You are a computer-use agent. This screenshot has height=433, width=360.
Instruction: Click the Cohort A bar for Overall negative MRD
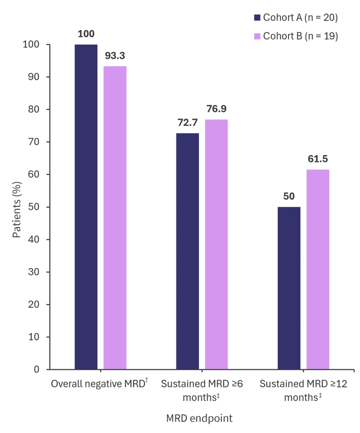(86, 207)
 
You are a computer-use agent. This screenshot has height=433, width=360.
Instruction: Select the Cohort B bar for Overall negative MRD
(115, 218)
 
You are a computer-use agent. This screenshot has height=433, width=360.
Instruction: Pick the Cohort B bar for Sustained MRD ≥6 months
(216, 244)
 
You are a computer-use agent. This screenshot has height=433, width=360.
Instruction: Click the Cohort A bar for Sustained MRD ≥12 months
(289, 288)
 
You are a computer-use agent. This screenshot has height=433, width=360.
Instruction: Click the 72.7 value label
(188, 123)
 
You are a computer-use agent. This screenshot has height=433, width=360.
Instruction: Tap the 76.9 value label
(216, 109)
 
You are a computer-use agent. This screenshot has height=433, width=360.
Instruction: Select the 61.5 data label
(318, 159)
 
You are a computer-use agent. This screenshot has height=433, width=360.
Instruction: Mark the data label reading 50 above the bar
(289, 196)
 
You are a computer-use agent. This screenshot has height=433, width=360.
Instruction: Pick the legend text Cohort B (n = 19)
(300, 36)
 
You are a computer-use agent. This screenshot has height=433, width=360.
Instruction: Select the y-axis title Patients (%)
(17, 207)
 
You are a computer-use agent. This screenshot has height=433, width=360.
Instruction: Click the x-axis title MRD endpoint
(199, 418)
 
